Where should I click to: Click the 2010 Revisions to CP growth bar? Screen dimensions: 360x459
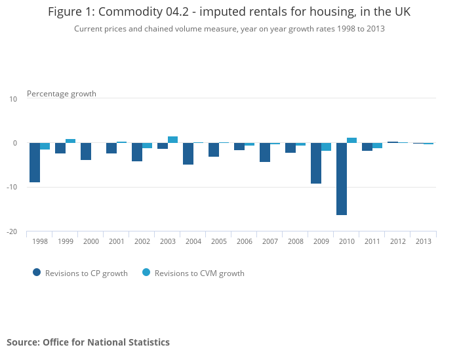342,178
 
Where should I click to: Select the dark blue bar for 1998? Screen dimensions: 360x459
35,162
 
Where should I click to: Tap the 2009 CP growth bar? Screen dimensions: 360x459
316,163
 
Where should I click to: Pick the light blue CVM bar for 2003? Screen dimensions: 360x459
172,140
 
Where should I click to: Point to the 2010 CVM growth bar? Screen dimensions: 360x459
351,140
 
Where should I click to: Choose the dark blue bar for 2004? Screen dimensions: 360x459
188,153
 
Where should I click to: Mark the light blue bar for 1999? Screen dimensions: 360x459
70,141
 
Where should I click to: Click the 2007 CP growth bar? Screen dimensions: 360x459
265,152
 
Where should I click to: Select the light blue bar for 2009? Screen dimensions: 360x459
326,147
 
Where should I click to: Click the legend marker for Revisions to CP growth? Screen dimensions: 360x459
37,273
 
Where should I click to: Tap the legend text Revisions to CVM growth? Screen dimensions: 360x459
199,273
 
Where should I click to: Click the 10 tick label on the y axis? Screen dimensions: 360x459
13,98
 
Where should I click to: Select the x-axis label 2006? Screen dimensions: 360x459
245,241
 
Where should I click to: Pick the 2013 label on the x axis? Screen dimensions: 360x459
424,241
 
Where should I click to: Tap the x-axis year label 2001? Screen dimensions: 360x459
117,241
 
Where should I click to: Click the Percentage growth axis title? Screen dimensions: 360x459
62,94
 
